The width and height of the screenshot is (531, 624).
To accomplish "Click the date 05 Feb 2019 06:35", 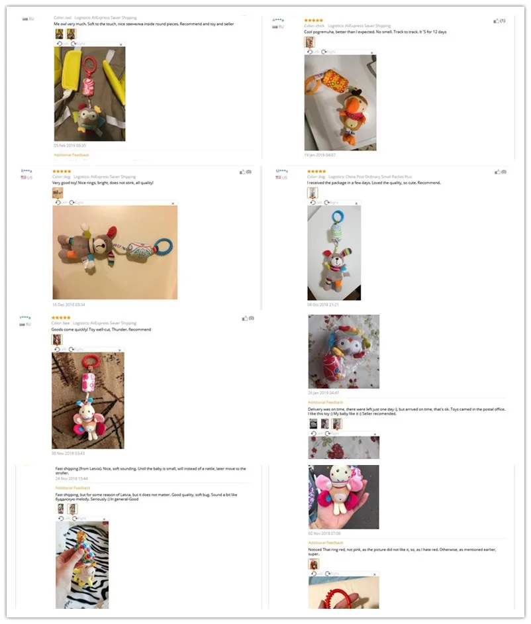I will pyautogui.click(x=70, y=145).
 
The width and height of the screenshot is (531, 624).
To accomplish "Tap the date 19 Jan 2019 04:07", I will pyautogui.click(x=320, y=155).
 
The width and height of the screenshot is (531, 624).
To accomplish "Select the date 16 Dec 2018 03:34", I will pyautogui.click(x=68, y=304).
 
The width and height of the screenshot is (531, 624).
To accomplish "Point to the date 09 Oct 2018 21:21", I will pyautogui.click(x=322, y=305).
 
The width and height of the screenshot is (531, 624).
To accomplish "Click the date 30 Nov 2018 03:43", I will pyautogui.click(x=68, y=453).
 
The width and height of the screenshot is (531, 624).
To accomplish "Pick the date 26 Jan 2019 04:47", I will pyautogui.click(x=324, y=393).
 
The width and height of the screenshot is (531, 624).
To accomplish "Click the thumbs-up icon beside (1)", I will pyautogui.click(x=496, y=21).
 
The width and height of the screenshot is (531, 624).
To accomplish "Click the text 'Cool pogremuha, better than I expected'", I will pyautogui.click(x=344, y=32).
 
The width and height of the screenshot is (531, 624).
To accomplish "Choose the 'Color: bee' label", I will pyautogui.click(x=61, y=323).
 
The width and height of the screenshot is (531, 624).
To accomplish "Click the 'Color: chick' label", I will pyautogui.click(x=314, y=26).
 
